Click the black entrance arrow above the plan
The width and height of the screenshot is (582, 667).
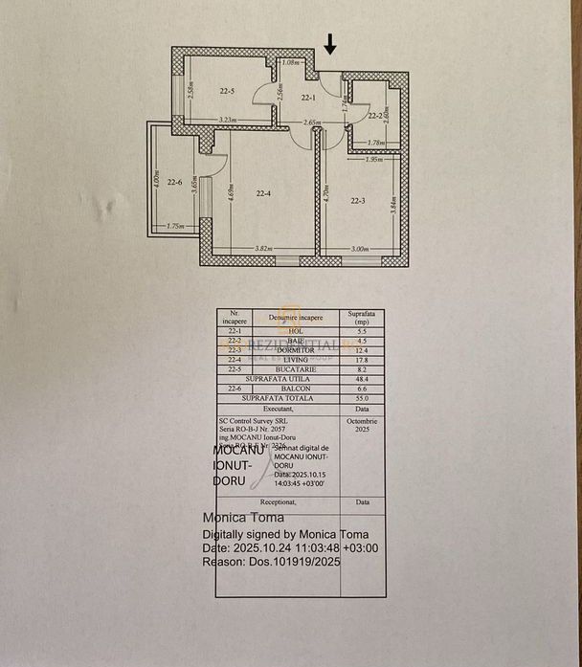click(330, 43)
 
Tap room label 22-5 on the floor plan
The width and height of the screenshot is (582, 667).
click(227, 92)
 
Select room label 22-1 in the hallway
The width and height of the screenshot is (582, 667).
click(308, 98)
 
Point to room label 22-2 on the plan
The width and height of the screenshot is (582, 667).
click(376, 115)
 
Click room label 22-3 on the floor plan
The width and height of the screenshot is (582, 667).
click(359, 200)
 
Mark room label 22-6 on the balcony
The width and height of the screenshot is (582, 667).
click(174, 182)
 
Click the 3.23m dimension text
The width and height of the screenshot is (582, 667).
click(228, 120)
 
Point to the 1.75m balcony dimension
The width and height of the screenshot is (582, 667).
click(174, 227)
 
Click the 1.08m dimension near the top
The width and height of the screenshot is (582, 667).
click(293, 62)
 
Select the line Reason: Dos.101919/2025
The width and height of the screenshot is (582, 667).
click(271, 562)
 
